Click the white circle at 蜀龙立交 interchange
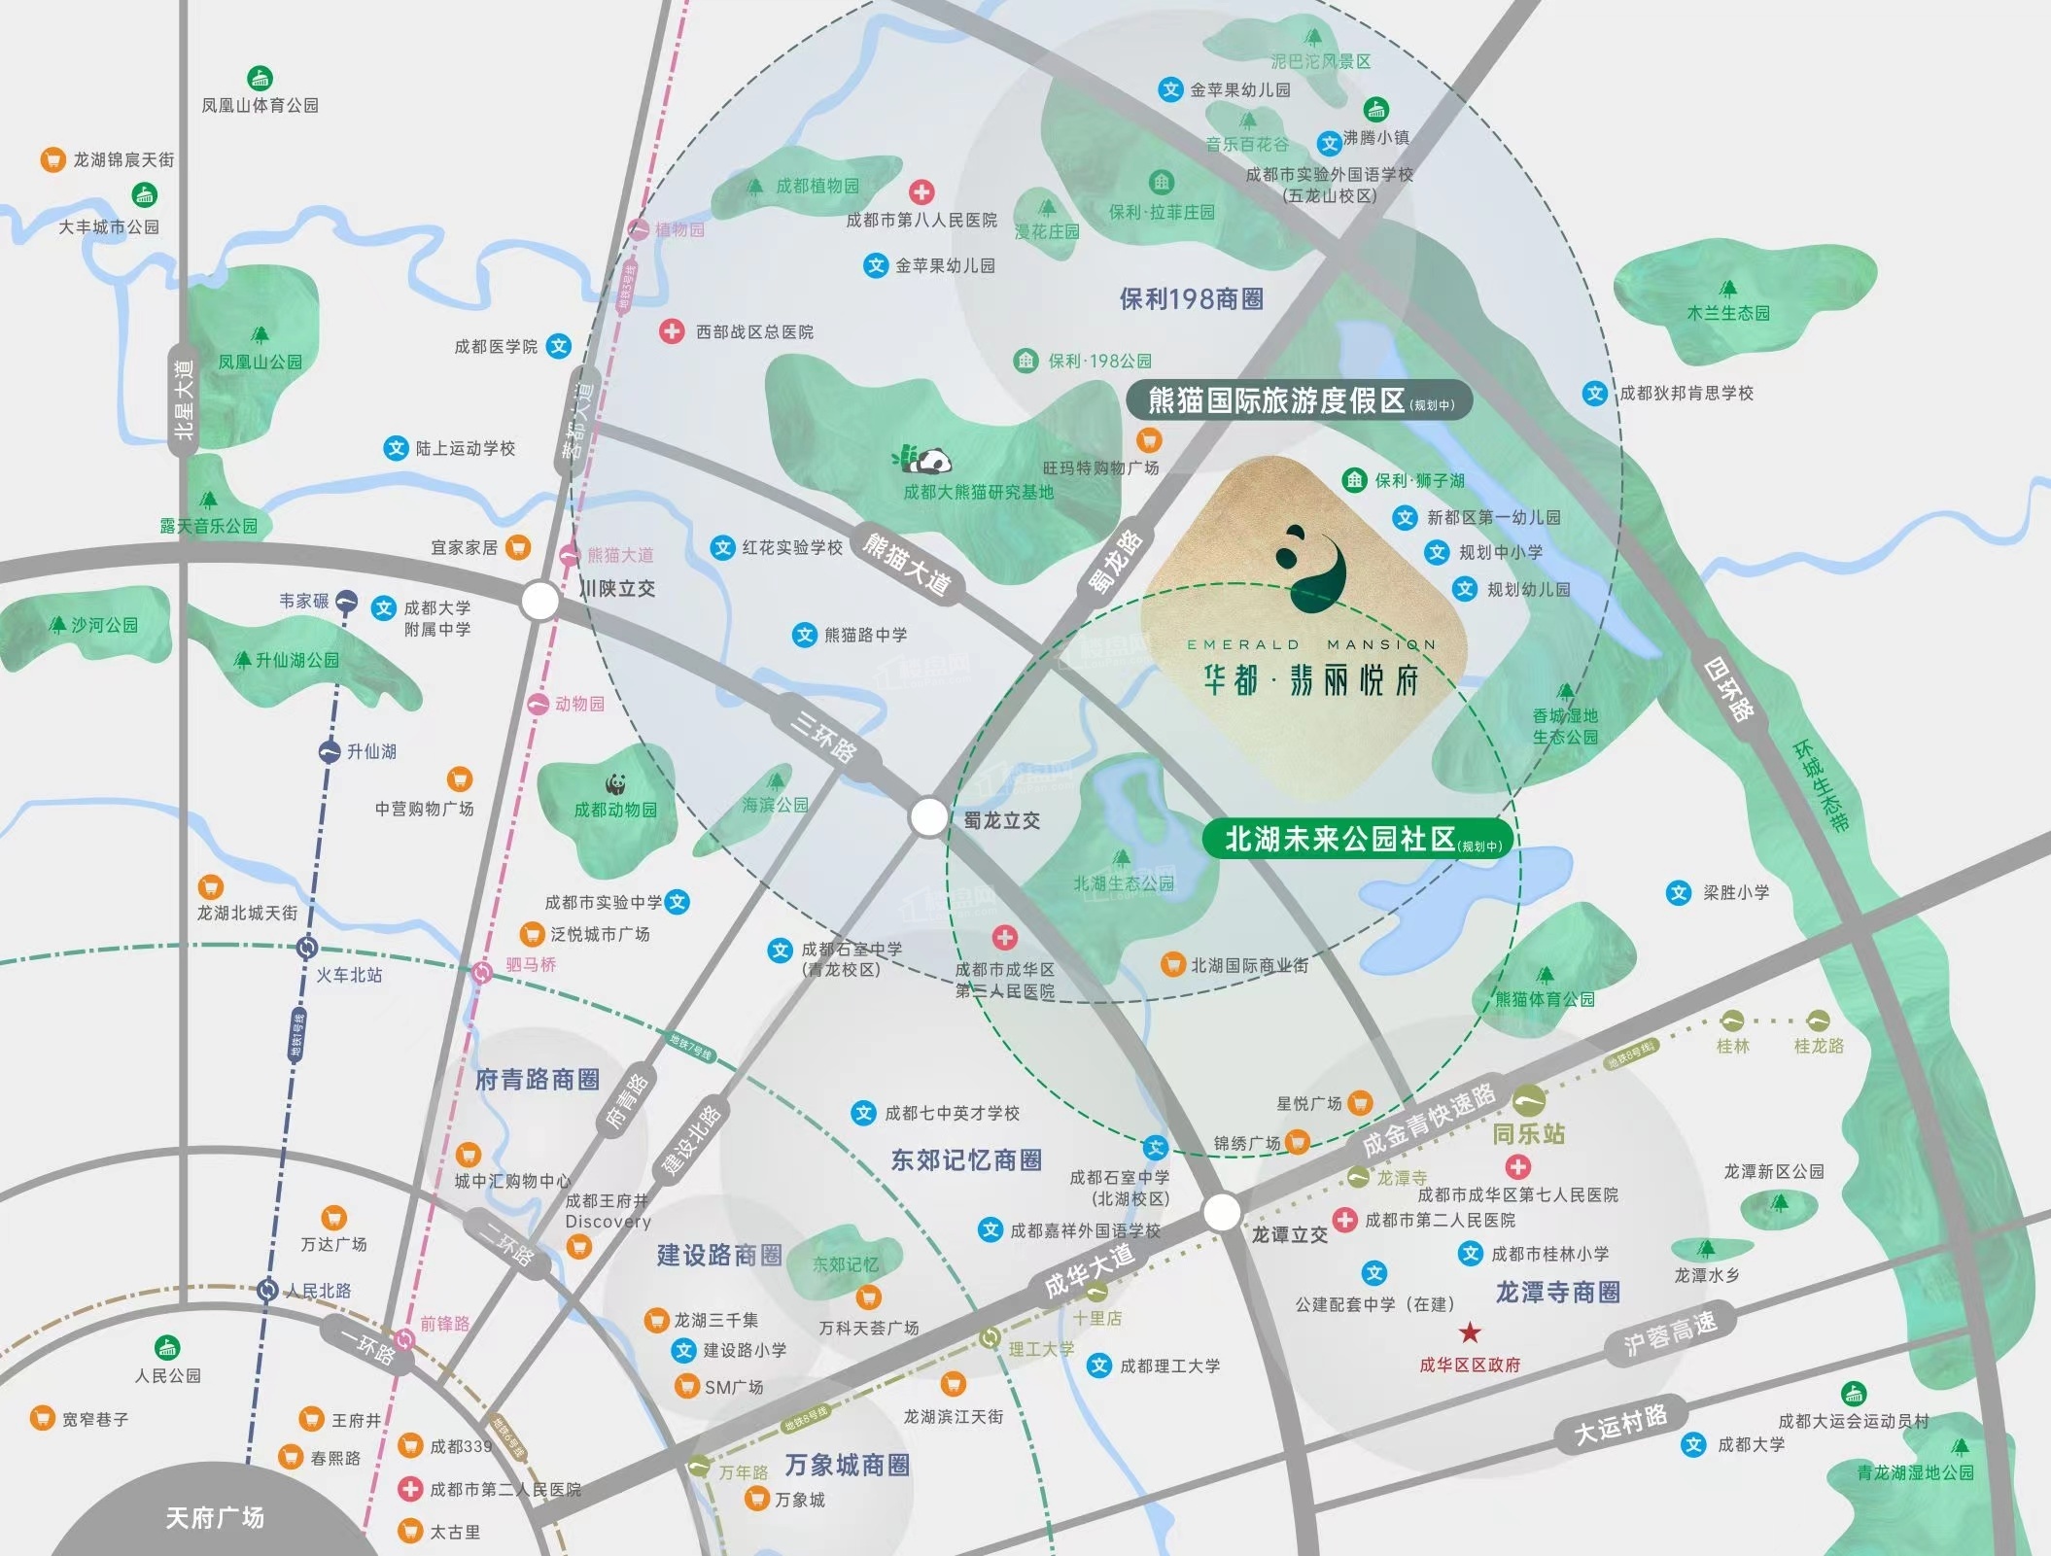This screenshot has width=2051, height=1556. point(928,817)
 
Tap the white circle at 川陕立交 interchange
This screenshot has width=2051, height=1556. point(539,601)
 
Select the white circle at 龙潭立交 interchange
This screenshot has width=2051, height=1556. point(1222,1212)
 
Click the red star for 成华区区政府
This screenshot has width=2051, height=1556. point(1470,1331)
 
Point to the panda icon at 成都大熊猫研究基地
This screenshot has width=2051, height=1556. point(923,458)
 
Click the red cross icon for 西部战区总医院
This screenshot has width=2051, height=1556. point(671,331)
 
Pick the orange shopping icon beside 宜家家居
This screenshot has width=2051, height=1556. point(518,547)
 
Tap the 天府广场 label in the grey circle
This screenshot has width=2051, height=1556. point(214,1517)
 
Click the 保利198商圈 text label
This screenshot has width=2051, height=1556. point(1191,298)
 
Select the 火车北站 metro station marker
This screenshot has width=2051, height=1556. point(307,947)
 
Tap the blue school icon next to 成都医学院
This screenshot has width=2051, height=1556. point(558,346)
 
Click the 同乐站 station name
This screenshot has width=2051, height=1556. point(1528,1133)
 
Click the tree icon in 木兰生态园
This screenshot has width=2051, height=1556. point(1727,289)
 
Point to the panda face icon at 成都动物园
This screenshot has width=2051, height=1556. point(614,783)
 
